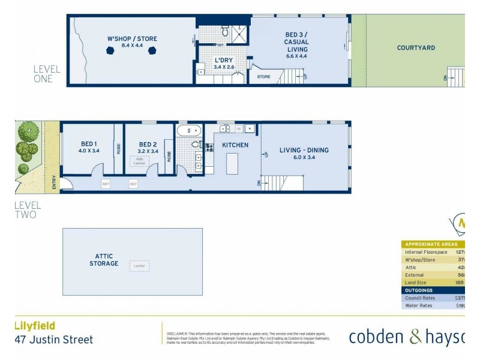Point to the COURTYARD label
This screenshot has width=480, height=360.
coord(416,48)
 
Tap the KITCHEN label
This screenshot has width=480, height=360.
coord(235,145)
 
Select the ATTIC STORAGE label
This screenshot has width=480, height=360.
coord(104,260)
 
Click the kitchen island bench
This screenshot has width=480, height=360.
coord(231,163)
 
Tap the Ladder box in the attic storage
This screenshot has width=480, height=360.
coord(139,266)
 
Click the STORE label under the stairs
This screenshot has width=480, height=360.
coord(263,77)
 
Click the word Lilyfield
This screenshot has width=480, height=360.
coord(35,326)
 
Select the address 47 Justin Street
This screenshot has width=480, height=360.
coord(54,340)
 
